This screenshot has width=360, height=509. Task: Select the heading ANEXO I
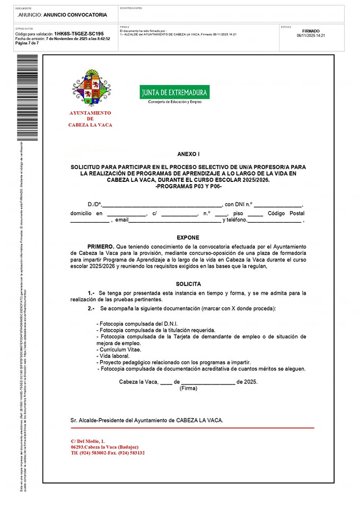tap(188, 154)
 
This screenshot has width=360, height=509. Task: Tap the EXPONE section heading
tap(188, 238)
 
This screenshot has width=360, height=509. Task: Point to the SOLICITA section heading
tap(188, 284)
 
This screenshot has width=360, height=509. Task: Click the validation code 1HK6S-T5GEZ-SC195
tap(78, 33)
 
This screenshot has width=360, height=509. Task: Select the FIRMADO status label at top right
tap(311, 31)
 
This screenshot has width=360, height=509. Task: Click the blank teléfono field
tap(275, 220)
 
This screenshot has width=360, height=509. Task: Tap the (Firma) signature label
tap(188, 388)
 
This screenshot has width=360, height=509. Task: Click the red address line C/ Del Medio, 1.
tap(88, 441)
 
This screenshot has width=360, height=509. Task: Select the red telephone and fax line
tap(108, 453)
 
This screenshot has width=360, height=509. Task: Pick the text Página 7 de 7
tap(27, 43)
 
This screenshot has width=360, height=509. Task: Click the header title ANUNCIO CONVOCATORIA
tap(75, 15)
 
